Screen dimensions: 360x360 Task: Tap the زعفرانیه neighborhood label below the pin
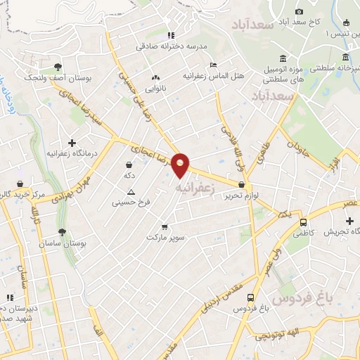pos(192,188)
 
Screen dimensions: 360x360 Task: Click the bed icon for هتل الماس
pos(213,65)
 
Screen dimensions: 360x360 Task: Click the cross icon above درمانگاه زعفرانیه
pos(72,143)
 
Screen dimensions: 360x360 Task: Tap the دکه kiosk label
pos(129,174)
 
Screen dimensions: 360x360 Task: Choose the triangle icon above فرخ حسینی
pos(130,192)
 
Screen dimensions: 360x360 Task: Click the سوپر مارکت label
pos(165,237)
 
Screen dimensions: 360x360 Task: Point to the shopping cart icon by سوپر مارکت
pos(165,227)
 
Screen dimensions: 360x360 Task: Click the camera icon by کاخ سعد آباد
pos(300,11)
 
